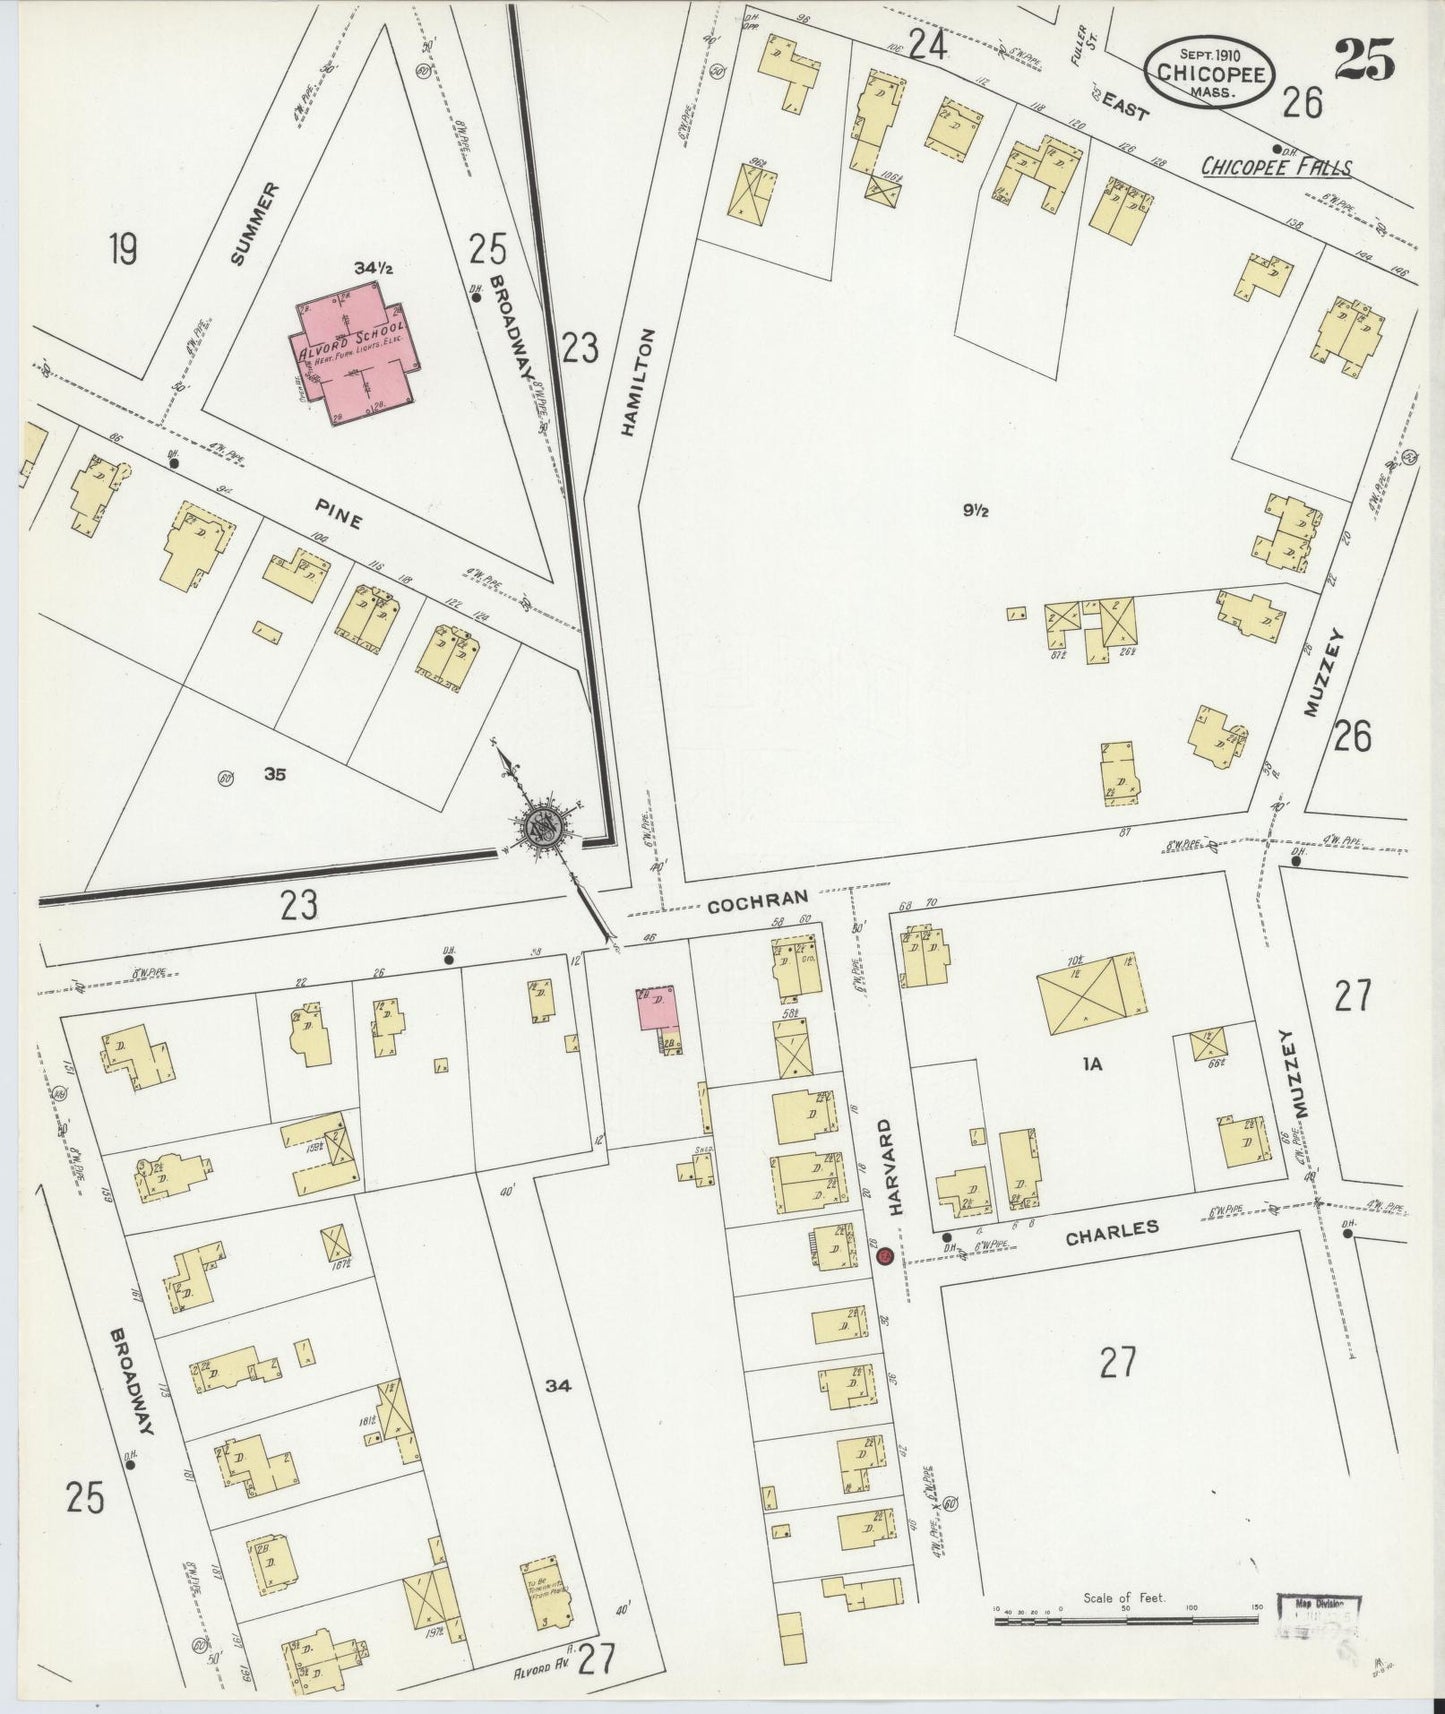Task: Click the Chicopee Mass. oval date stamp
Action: click(x=1210, y=72)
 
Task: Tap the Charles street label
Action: click(x=1111, y=1232)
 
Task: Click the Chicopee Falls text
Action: click(x=1275, y=167)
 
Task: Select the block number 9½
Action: click(x=976, y=511)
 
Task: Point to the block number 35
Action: click(x=276, y=772)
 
